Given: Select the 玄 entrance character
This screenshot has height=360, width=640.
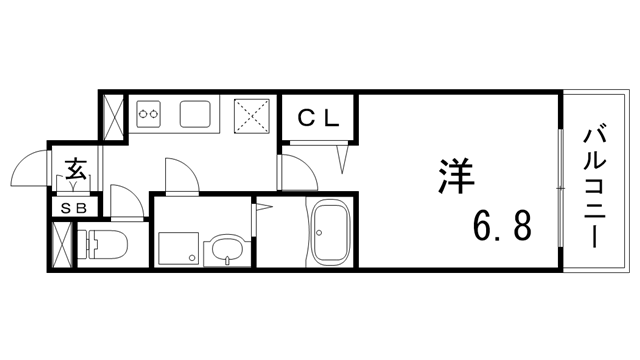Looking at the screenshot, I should (x=75, y=168).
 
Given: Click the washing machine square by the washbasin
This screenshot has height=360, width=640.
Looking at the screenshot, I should (x=177, y=249).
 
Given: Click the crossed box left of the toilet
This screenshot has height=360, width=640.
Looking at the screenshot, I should (x=63, y=243).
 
